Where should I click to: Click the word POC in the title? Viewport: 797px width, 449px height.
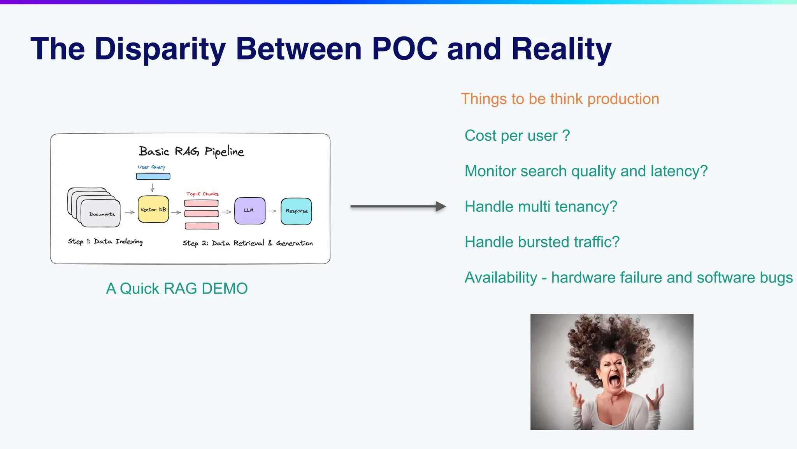pos(404,49)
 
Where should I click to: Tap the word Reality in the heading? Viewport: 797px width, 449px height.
pos(561,49)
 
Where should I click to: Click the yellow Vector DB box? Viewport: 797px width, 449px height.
pos(153,209)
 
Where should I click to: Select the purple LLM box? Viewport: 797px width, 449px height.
pos(249,210)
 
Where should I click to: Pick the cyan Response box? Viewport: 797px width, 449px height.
pos(296,211)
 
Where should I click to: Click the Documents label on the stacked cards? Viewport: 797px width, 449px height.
pos(102,214)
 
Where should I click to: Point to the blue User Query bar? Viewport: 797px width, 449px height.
pos(153,176)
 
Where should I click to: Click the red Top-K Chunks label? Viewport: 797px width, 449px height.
pos(202,194)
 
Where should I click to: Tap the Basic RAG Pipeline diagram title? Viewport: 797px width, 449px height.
pos(191,151)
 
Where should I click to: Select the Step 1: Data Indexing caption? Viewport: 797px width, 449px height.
pos(105,242)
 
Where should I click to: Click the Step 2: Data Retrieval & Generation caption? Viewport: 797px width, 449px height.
pos(248,243)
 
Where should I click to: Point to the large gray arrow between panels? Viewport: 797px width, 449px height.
pos(397,206)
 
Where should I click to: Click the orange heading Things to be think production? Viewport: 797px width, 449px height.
pos(560,99)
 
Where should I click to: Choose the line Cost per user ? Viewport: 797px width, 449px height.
pos(517,136)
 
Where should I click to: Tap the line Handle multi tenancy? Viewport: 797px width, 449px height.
pos(541,207)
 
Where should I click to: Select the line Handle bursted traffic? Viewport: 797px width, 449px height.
pos(542,242)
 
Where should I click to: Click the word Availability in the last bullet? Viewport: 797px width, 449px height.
pos(501,278)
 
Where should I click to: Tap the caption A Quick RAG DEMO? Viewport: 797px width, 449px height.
pos(177,289)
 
